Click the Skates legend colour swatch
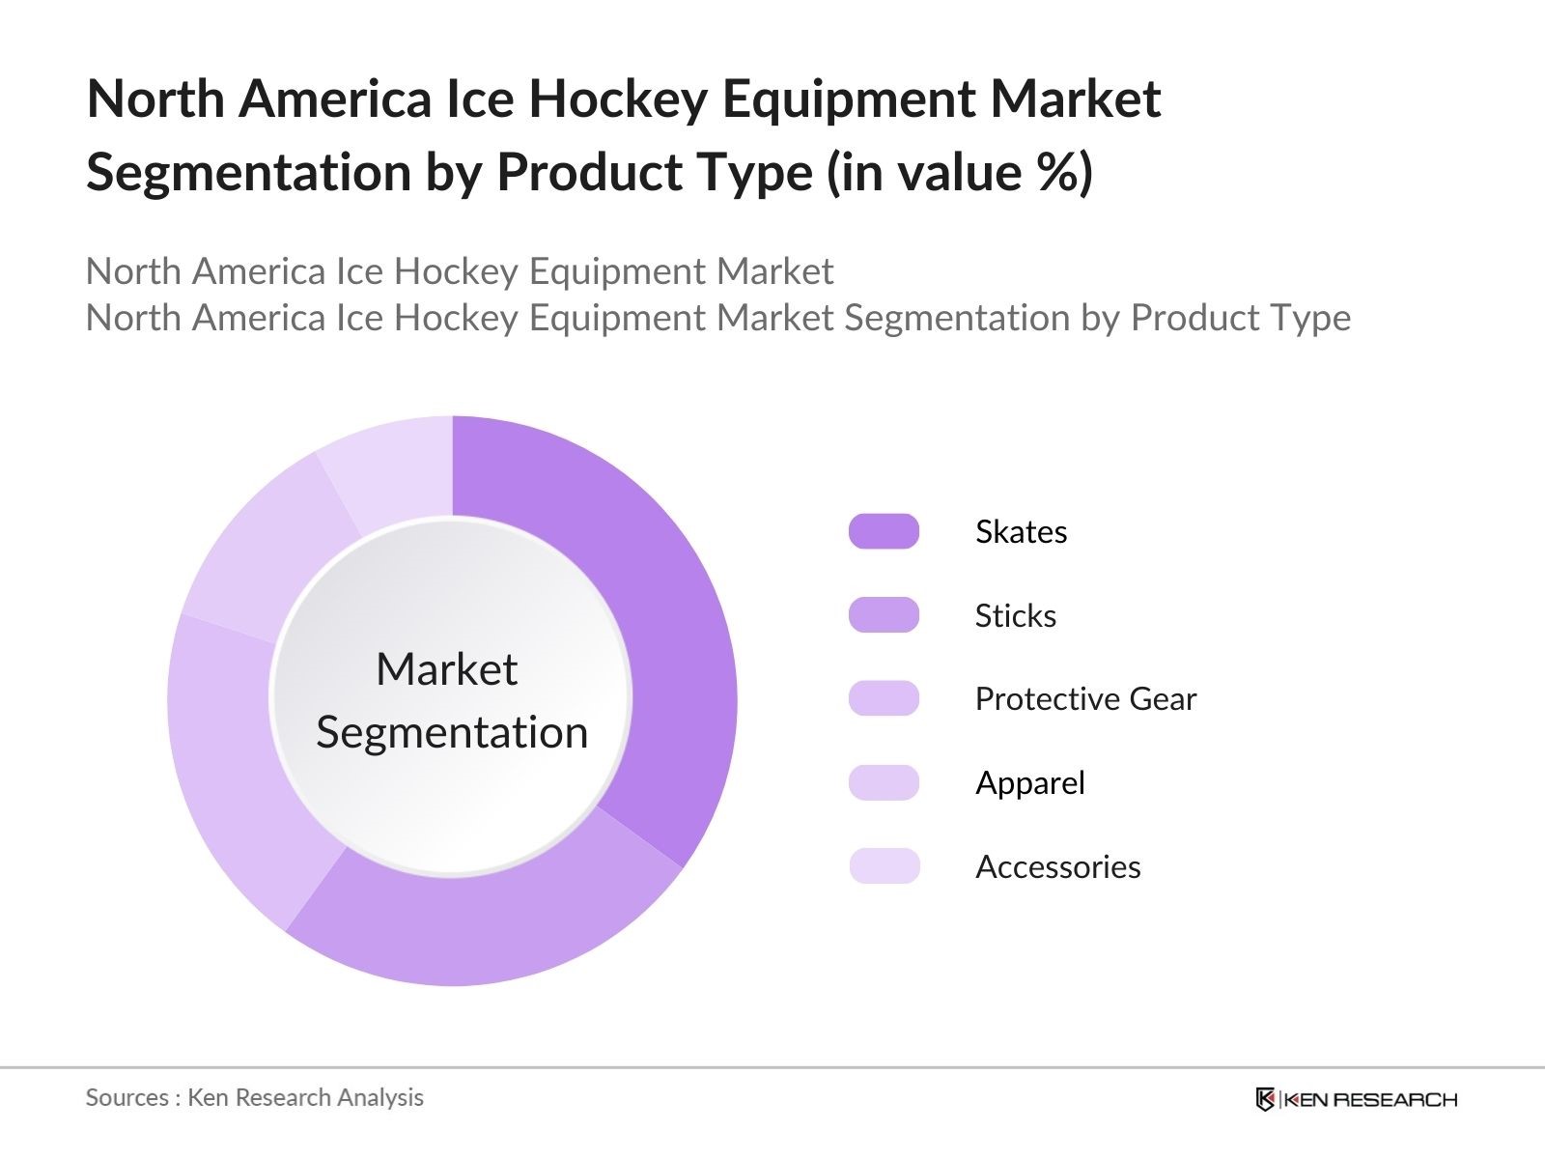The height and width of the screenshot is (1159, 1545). point(884,531)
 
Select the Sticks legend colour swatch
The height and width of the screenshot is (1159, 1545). point(884,615)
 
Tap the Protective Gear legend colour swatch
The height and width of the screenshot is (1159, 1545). point(884,698)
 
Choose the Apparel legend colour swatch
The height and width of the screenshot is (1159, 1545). point(884,782)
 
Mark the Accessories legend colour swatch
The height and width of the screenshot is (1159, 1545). point(884,866)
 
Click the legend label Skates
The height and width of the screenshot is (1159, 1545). point(1021,532)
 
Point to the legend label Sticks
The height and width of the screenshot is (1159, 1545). point(1015,616)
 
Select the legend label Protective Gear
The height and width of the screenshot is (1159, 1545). point(1085,699)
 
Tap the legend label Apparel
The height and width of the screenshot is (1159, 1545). point(1029,783)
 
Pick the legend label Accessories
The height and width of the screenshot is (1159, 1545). point(1057,867)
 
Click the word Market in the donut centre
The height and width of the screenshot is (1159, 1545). point(446,669)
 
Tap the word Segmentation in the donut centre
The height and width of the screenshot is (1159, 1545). point(452,732)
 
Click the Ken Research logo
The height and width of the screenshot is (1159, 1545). point(1356,1099)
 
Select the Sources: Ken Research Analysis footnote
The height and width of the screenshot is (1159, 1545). point(255,1097)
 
